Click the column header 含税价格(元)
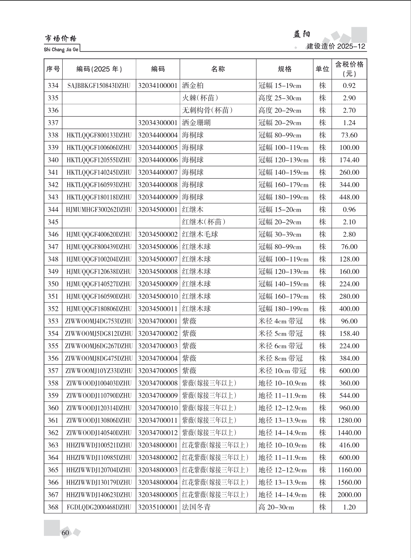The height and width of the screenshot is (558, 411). pyautogui.click(x=349, y=69)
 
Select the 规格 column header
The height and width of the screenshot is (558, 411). pyautogui.click(x=284, y=69)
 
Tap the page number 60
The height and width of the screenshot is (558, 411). pyautogui.click(x=65, y=533)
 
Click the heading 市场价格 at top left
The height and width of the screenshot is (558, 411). pyautogui.click(x=60, y=38)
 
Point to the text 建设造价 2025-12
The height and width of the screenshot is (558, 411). pyautogui.click(x=336, y=46)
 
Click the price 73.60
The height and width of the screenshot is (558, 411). pyautogui.click(x=349, y=135)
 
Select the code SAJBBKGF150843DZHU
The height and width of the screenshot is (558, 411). pyautogui.click(x=99, y=86)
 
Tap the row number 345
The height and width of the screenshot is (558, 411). pyautogui.click(x=53, y=222)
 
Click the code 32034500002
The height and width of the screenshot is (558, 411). pyautogui.click(x=158, y=234)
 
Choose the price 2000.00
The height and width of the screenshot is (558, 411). pyautogui.click(x=349, y=495)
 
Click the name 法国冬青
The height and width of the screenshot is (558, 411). pyautogui.click(x=196, y=507)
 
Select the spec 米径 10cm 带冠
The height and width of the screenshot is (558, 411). pyautogui.click(x=282, y=371)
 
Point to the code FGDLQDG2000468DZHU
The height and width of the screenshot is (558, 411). pyautogui.click(x=99, y=507)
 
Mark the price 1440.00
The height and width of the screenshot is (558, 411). pyautogui.click(x=349, y=433)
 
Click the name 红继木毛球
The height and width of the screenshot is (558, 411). pyautogui.click(x=200, y=234)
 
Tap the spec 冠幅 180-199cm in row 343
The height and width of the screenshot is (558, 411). pyautogui.click(x=283, y=197)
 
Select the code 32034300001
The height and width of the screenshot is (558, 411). pyautogui.click(x=158, y=123)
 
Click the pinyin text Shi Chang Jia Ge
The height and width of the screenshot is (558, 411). pyautogui.click(x=61, y=50)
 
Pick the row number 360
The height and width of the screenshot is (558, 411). pyautogui.click(x=53, y=408)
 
